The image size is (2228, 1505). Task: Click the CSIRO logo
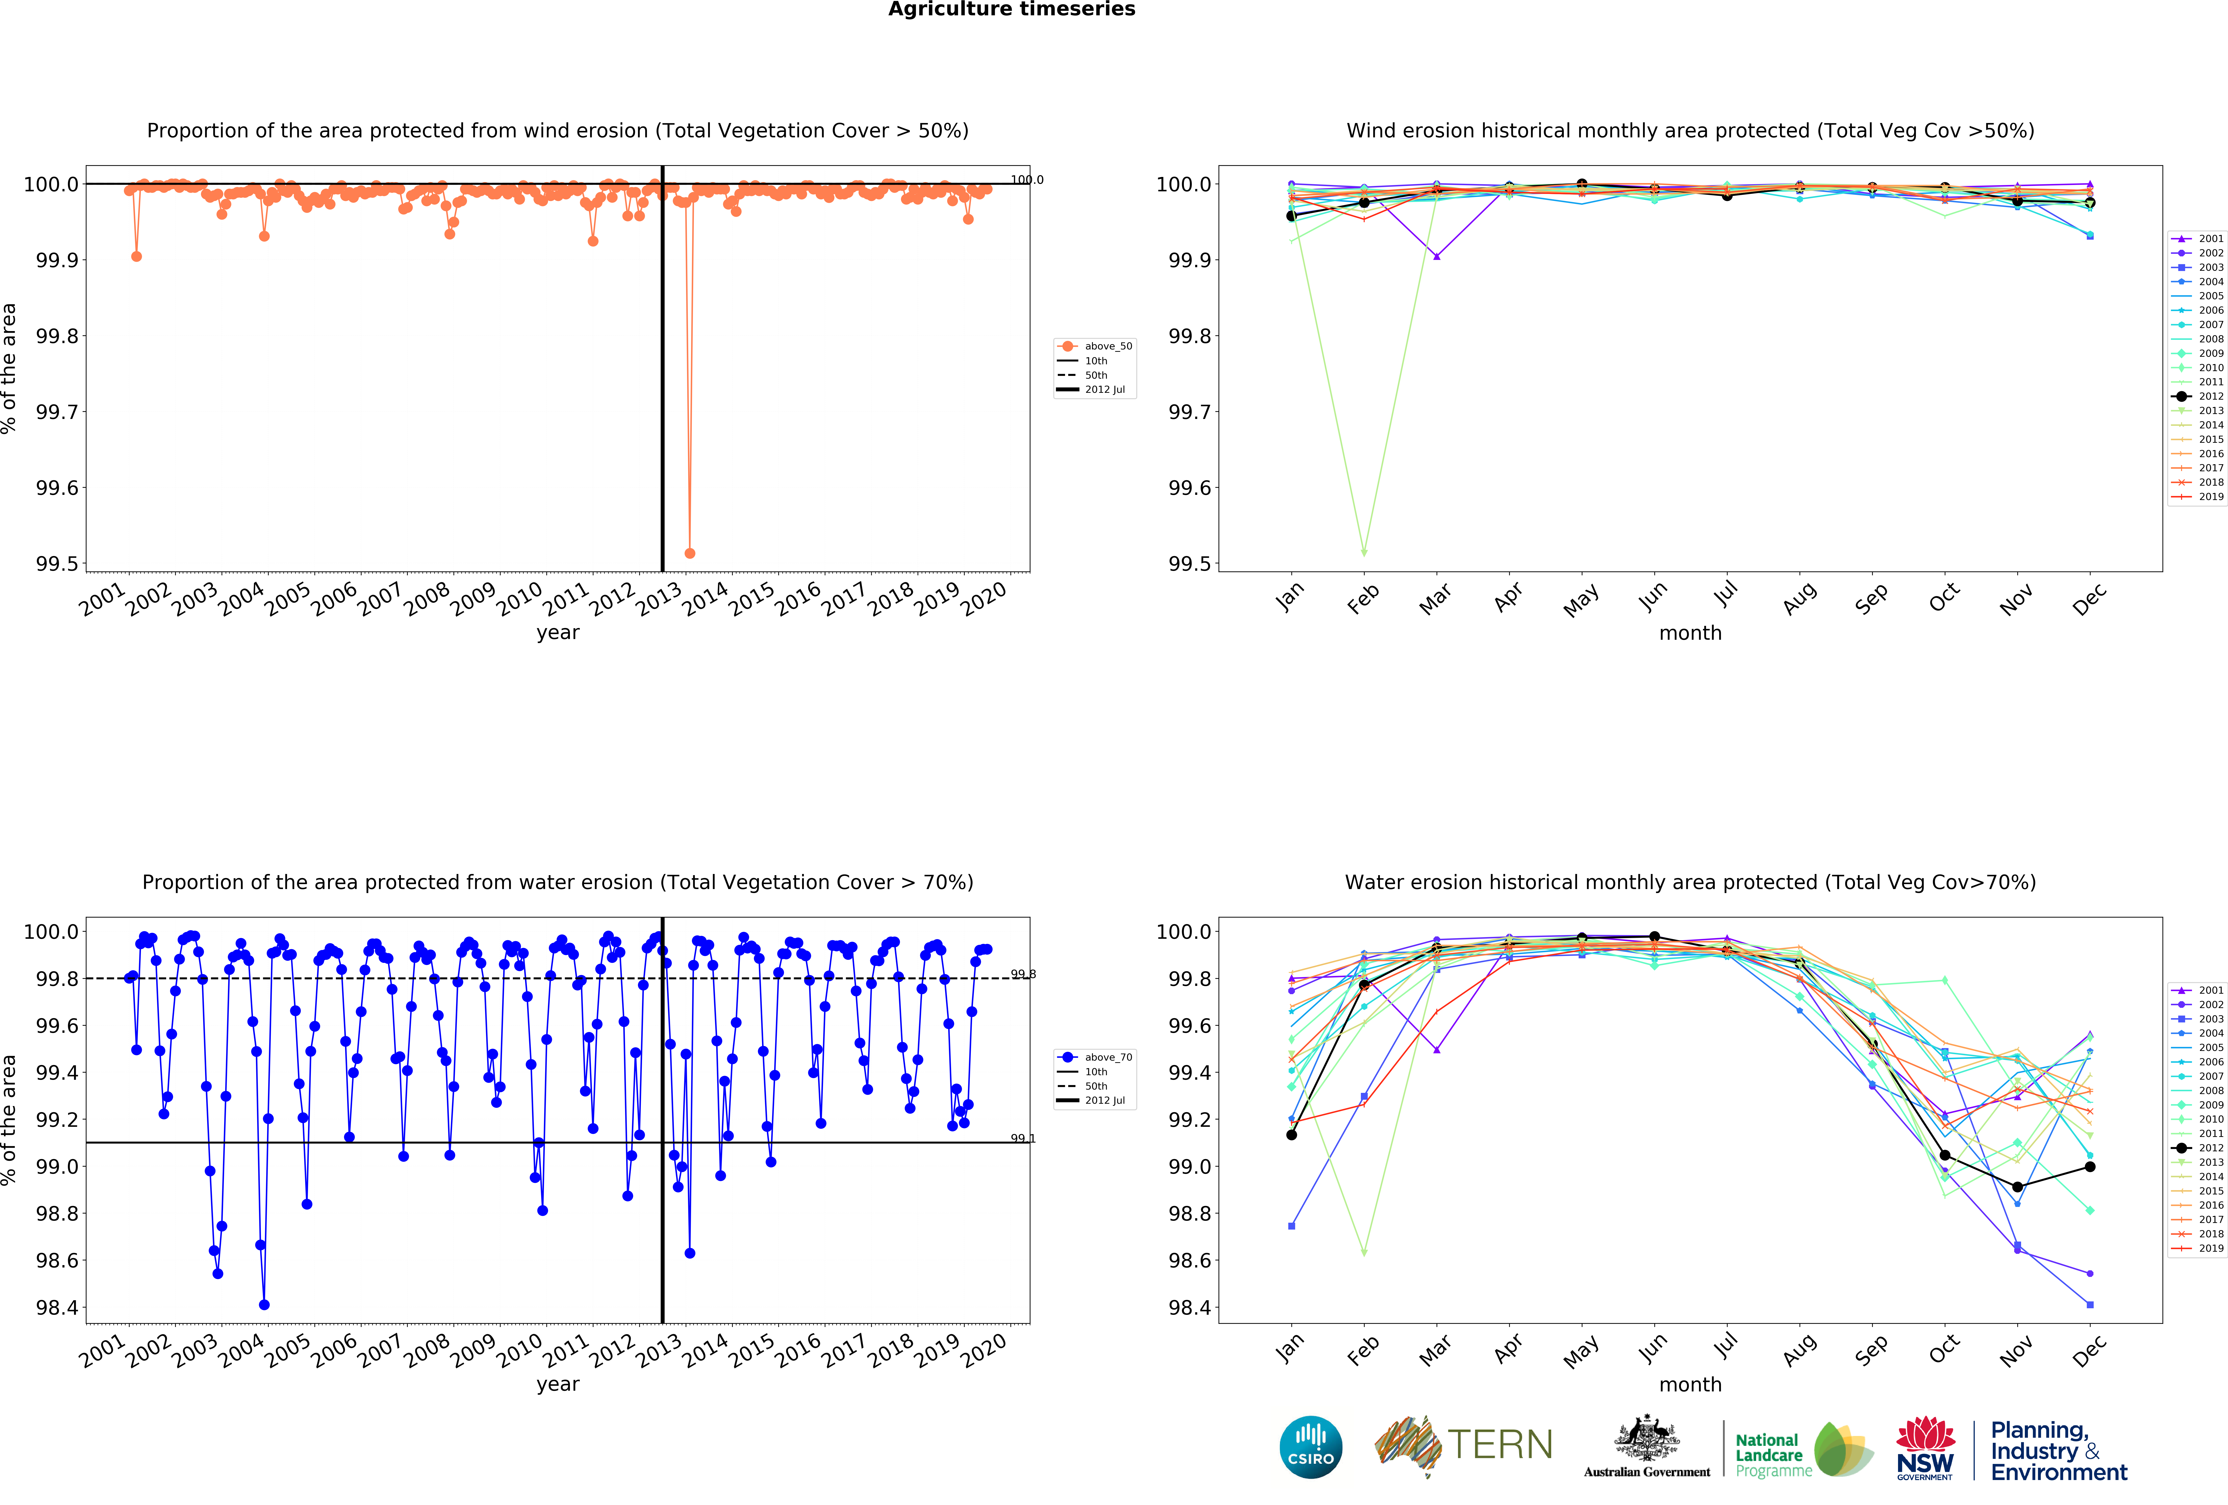tap(1310, 1447)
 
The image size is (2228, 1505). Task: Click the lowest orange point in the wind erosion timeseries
tap(689, 553)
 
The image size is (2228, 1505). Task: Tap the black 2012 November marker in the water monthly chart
tap(2017, 1187)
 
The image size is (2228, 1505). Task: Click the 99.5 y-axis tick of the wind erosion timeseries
tap(58, 564)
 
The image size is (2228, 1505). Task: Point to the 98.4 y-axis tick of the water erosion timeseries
tap(58, 1308)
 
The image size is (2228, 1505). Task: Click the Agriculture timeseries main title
tap(1011, 10)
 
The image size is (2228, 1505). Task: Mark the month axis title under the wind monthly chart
tap(1690, 633)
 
